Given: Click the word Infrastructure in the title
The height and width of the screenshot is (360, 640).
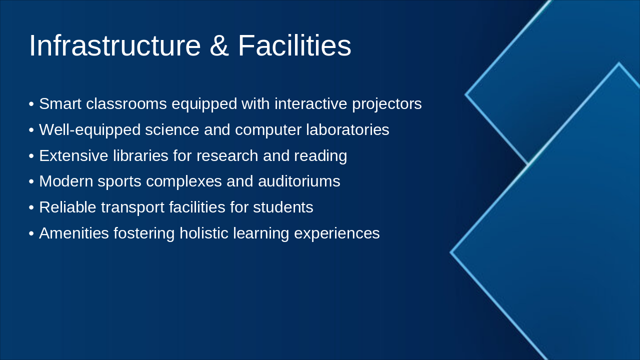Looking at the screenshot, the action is (115, 45).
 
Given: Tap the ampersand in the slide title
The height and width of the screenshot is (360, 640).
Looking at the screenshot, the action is (219, 45).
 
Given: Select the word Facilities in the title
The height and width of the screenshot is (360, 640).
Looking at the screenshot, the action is (294, 45).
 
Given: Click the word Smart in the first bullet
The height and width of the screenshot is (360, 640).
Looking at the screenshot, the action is (60, 103).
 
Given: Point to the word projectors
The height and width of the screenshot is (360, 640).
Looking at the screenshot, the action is (387, 104).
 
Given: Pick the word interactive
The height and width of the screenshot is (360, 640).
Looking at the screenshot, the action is (311, 103).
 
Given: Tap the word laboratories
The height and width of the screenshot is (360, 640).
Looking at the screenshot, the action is (347, 129).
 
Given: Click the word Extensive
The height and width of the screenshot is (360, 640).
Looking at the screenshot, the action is (73, 155).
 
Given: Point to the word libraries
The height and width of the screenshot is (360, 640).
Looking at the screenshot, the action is (140, 155).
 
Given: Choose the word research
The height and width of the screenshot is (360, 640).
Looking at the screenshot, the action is (227, 155).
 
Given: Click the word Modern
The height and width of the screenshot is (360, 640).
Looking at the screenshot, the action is (66, 181).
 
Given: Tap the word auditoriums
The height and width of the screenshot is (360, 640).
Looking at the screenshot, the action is (299, 181).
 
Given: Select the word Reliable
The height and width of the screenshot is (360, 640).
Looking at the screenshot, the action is (67, 207).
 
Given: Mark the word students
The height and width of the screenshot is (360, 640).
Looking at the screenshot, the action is (283, 207).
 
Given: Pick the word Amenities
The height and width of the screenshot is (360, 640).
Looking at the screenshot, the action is (74, 233).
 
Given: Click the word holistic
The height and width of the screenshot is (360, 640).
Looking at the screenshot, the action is (204, 233).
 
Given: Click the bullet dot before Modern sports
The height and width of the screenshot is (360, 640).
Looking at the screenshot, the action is (31, 182).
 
